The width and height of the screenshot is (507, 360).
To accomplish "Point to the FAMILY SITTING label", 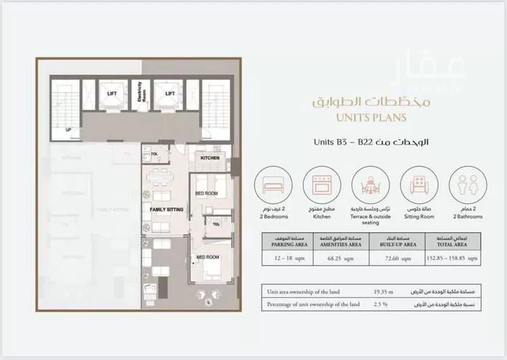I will coord(166,210).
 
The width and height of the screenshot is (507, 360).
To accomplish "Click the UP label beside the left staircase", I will coord(68,129).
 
